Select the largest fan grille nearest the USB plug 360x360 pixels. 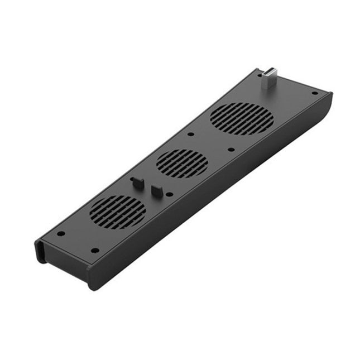[242, 119]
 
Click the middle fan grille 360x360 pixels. [182, 163]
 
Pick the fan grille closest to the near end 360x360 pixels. [117, 212]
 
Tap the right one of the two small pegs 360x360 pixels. [157, 189]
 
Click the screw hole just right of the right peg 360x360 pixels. [170, 194]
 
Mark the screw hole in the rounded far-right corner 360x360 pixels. [314, 93]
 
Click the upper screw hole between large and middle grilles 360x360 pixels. [191, 134]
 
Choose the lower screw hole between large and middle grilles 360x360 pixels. [231, 150]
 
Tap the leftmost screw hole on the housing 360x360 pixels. [61, 233]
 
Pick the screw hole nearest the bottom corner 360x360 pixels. [95, 250]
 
